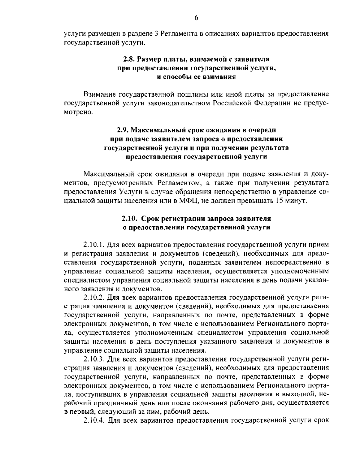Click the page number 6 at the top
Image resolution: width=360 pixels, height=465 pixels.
(196, 18)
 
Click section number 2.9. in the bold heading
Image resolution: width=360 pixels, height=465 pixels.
(124, 130)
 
